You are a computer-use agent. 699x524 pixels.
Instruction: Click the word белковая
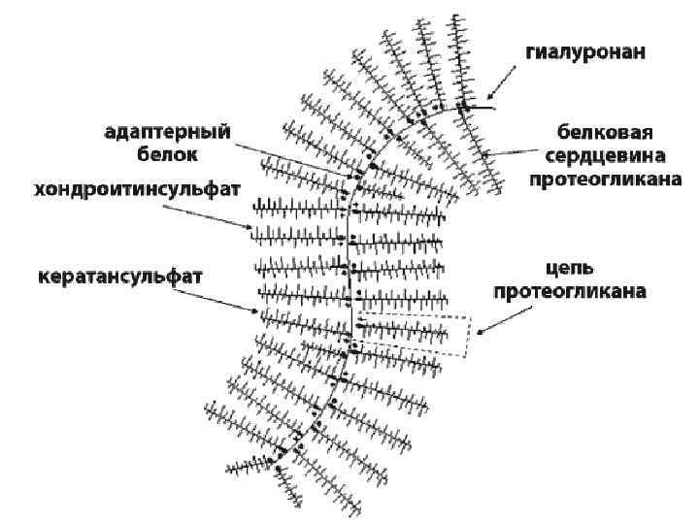(x=598, y=132)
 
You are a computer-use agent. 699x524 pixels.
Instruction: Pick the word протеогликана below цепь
(x=569, y=290)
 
